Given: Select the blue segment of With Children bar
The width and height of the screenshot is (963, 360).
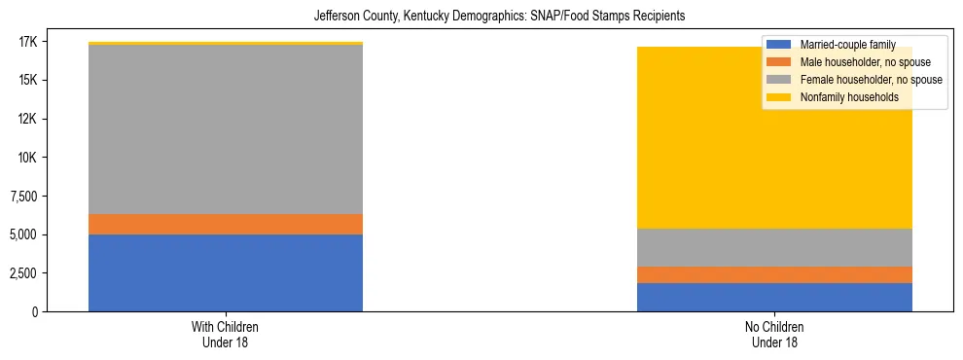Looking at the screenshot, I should [x=226, y=272].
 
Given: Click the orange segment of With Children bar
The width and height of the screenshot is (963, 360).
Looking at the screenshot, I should [x=226, y=224].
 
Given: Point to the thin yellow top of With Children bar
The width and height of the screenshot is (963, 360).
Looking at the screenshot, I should [x=226, y=44].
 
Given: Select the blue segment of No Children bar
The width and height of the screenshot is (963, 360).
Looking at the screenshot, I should [x=774, y=297].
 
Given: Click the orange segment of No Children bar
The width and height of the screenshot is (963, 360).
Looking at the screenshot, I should [x=774, y=274].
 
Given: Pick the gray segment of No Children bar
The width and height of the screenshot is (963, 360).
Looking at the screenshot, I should [x=774, y=247].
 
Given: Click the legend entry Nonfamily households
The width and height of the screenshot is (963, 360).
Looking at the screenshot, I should [x=841, y=97].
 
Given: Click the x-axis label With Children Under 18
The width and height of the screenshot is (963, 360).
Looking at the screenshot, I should [x=226, y=334].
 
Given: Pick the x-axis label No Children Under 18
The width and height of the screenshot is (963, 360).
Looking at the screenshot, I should [x=774, y=334].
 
